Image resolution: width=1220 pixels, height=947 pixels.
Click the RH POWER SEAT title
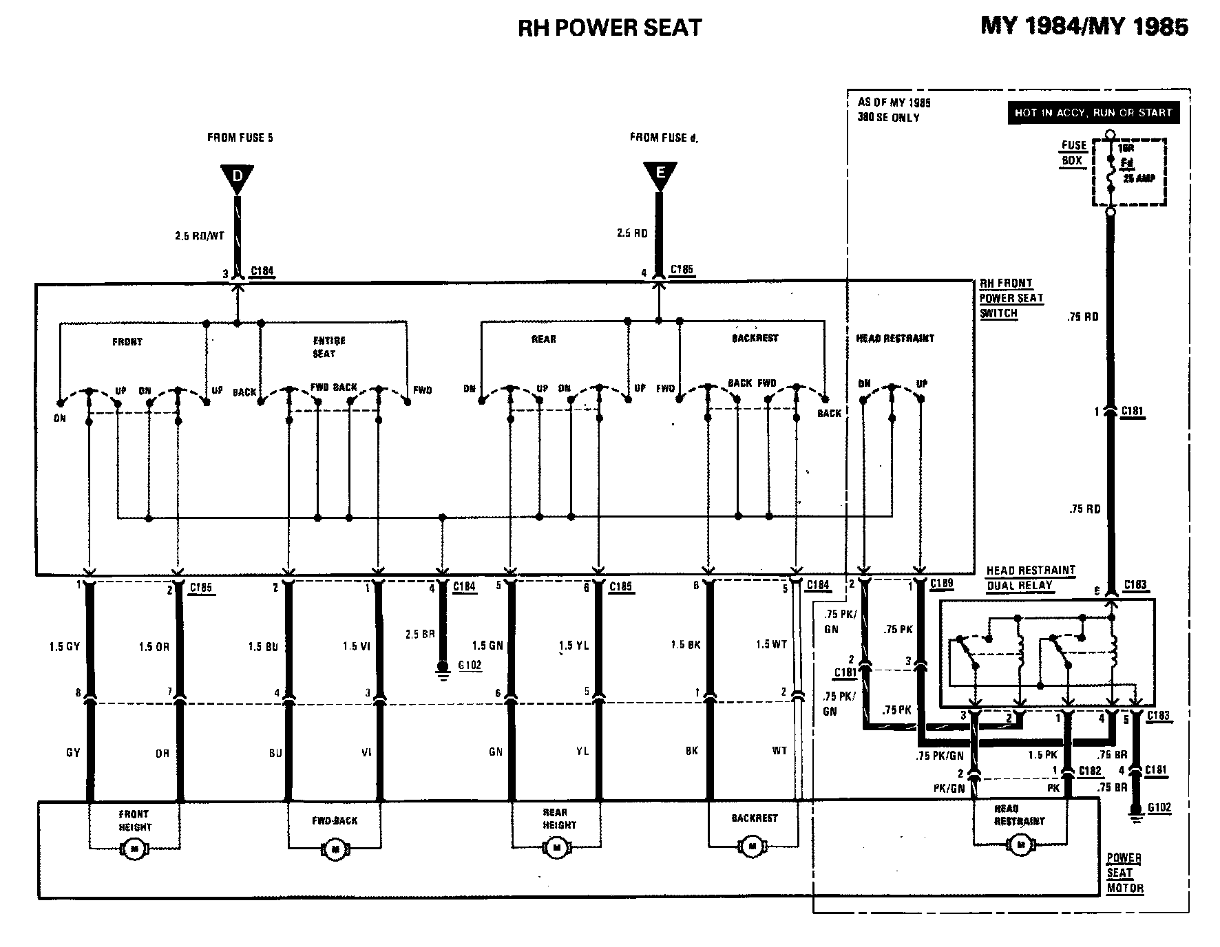coord(609,28)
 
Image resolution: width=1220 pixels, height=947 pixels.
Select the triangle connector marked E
coord(660,175)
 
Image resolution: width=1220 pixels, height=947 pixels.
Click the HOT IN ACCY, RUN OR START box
coord(1093,113)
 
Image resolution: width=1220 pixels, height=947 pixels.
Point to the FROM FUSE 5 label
coord(240,138)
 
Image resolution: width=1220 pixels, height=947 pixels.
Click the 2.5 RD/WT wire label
coord(200,236)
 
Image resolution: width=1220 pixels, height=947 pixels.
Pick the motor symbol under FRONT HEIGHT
coord(134,851)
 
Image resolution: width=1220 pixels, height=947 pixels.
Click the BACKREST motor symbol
coord(752,845)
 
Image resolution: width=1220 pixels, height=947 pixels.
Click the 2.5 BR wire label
coord(421,634)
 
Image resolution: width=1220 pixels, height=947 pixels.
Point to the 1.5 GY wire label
coord(65,647)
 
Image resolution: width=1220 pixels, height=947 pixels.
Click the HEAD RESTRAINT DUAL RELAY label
coord(1030,578)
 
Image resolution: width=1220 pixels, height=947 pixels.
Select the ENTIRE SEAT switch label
coord(328,347)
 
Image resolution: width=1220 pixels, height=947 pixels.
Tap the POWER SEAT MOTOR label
coord(1124,873)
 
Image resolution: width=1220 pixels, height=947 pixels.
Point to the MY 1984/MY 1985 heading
coord(1084,26)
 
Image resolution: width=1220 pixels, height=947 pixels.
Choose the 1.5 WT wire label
coord(771,644)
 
